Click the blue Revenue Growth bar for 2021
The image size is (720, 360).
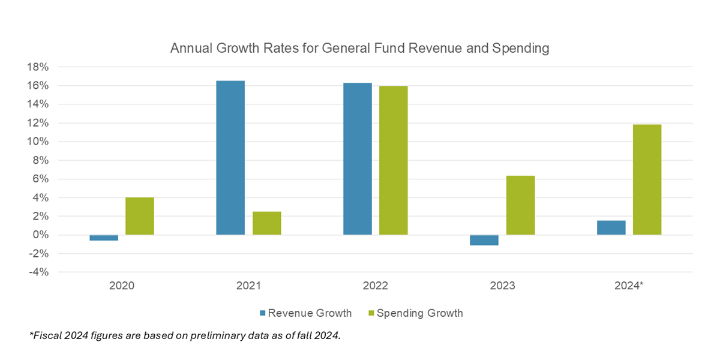coord(230,157)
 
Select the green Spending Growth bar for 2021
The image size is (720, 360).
coord(266,223)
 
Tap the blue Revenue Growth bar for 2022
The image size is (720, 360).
coord(358,158)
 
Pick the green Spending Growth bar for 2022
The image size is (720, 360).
coord(393,160)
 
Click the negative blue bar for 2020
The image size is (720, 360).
coord(104,238)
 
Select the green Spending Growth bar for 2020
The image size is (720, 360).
coord(140,216)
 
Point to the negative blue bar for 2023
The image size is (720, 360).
coord(484,240)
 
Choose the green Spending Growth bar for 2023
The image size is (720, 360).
coord(520,205)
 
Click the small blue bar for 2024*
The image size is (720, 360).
coord(611,227)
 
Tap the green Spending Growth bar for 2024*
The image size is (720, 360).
coord(647,179)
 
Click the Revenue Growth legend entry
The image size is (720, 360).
coord(305,313)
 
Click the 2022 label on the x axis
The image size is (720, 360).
coord(376,286)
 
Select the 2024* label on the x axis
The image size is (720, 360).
coord(629,286)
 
